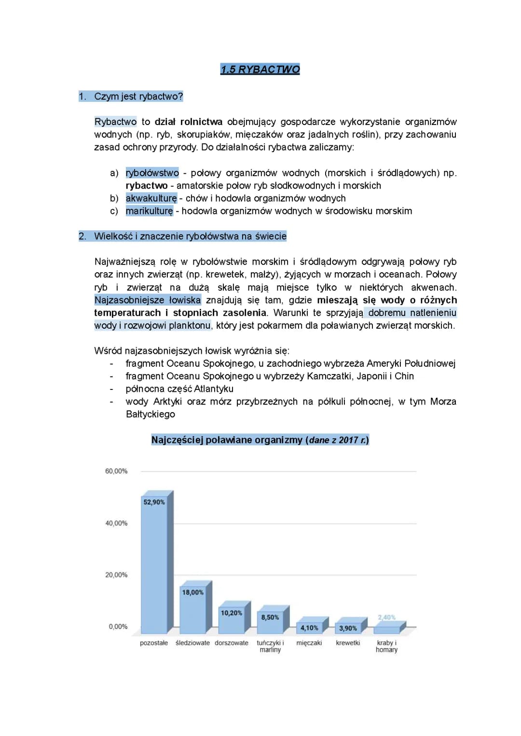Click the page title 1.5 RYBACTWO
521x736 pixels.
pos(260,69)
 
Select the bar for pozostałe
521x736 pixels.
pos(154,565)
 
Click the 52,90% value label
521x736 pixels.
pos(154,502)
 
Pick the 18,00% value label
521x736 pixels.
pos(192,592)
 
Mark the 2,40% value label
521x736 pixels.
pos(386,617)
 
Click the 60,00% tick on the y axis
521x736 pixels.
pos(116,471)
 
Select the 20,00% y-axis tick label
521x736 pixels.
pos(116,575)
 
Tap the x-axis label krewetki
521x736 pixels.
pos(348,643)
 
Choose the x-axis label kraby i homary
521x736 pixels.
pos(386,646)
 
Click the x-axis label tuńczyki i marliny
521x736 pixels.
pos(270,646)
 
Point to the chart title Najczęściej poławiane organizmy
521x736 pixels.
pos(260,440)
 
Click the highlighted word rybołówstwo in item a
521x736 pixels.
pos(152,173)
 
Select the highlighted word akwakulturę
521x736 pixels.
pos(151,198)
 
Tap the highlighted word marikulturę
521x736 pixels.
pos(149,211)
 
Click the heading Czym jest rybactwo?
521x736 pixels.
pos(138,97)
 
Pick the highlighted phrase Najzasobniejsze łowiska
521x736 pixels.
pos(147,300)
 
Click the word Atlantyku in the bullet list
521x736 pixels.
pos(214,389)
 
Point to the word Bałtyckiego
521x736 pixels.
pos(150,414)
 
